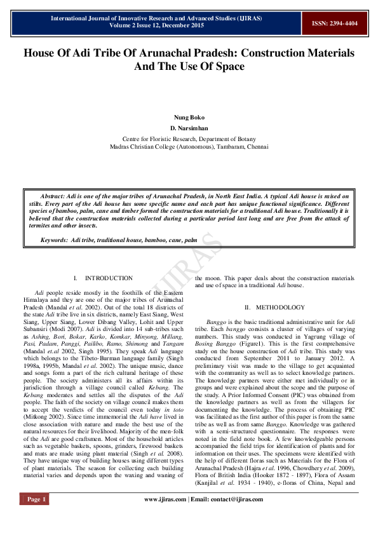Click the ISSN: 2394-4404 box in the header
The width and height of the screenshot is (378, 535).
pyautogui.click(x=334, y=23)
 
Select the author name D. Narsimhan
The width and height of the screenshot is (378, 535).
pyautogui.click(x=189, y=128)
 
